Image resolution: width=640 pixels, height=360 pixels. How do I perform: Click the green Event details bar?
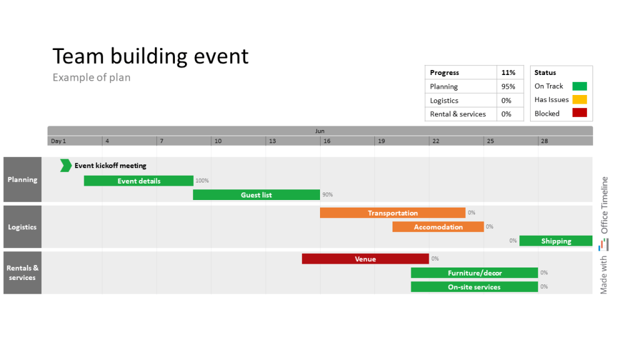139,181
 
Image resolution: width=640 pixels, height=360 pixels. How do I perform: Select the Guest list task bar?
256,195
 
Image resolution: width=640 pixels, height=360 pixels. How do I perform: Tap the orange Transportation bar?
392,213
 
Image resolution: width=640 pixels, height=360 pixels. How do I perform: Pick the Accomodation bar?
438,227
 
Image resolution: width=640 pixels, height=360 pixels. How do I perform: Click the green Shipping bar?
556,241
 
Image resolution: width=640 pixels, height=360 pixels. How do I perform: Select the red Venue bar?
365,259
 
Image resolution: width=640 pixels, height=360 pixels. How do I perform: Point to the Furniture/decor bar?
474,272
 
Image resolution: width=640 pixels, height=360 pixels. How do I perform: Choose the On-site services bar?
474,287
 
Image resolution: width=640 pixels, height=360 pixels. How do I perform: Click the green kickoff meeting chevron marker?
66,166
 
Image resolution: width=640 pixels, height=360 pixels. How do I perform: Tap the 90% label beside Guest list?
327,195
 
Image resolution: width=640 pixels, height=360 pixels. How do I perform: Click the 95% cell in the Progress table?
508,87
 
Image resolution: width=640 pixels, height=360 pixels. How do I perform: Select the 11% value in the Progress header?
508,73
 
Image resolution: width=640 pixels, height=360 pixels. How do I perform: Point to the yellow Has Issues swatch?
579,99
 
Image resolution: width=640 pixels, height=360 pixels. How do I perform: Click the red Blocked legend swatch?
579,113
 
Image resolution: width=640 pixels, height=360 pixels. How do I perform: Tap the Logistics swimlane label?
22,227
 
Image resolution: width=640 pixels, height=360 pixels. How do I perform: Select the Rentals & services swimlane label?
22,272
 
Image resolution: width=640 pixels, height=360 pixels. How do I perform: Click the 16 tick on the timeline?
326,141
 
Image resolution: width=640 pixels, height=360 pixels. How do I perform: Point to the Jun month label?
319,131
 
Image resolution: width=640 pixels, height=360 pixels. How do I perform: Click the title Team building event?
151,56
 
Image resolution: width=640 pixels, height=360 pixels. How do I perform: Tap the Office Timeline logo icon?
604,244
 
